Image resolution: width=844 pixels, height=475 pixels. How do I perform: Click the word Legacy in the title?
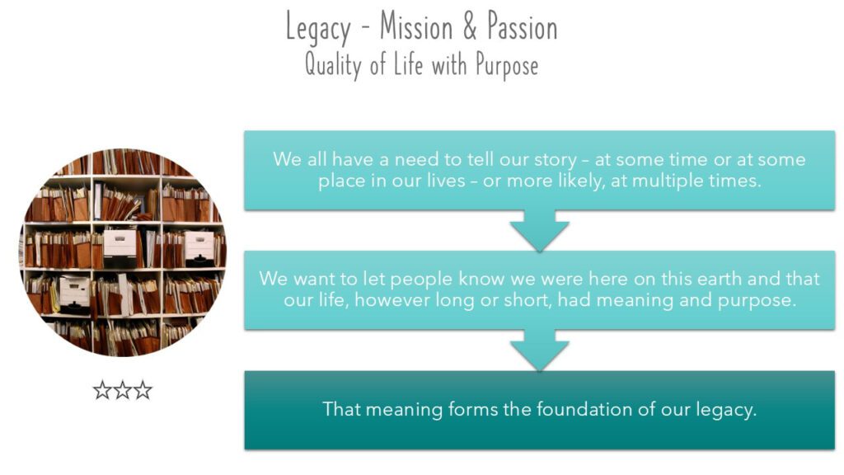tap(318, 28)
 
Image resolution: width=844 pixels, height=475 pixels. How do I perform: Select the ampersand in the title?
tap(470, 26)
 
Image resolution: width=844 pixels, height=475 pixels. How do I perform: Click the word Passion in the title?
tap(522, 26)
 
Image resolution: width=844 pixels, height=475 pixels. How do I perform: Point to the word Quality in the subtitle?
tap(333, 65)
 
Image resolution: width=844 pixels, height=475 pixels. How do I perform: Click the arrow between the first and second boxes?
tap(539, 230)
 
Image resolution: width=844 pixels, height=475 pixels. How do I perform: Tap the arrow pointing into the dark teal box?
tap(539, 350)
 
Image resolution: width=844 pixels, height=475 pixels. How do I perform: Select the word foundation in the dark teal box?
tap(584, 409)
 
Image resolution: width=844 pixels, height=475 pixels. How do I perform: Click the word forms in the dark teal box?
tap(472, 409)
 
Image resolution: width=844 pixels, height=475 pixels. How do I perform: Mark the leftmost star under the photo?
tap(102, 390)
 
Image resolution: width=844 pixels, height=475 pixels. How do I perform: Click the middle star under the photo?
tap(122, 390)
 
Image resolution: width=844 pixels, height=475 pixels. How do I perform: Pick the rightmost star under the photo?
tap(143, 390)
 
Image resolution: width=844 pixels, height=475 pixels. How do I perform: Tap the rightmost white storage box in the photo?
tap(199, 247)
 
